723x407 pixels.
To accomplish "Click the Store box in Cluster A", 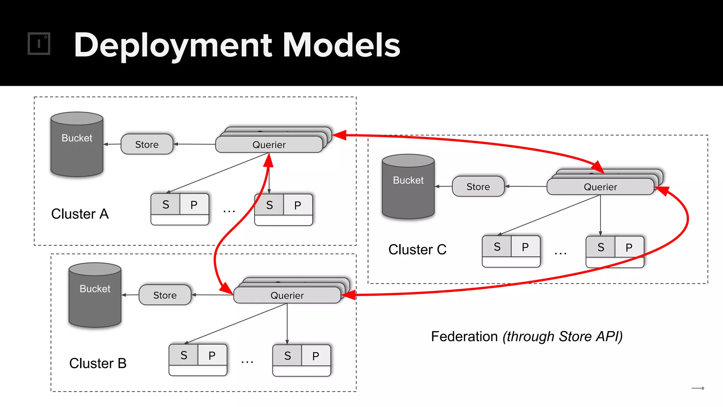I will [147, 144].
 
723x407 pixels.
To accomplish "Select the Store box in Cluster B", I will [165, 295].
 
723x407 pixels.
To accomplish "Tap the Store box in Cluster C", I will [478, 187].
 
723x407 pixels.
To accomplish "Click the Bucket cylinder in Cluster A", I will [77, 145].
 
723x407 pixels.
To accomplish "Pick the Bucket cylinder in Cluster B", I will [95, 295].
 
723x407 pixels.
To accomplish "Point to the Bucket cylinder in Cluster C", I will [408, 187].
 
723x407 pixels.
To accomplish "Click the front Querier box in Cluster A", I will [269, 145].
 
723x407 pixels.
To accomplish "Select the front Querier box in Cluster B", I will [287, 295].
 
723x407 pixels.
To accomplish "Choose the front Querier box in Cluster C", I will [600, 187].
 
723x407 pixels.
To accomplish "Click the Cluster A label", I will [80, 214].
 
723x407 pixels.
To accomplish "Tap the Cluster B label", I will [98, 364].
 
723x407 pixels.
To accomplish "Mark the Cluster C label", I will [417, 250].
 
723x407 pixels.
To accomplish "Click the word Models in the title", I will [341, 45].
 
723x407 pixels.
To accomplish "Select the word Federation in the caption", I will [464, 337].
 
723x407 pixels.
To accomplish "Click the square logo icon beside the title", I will [39, 44].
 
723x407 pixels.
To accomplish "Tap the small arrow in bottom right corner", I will [698, 388].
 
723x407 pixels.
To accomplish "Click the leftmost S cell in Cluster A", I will [166, 205].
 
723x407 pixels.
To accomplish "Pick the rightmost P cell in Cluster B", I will [316, 356].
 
